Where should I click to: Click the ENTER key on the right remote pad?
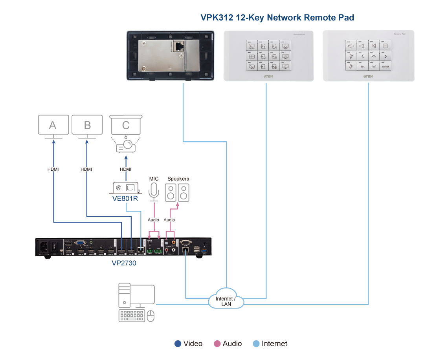coord(386,67)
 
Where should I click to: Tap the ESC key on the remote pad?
coord(363,67)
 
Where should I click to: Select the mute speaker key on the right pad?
coord(374,46)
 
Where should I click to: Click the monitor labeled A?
coord(53,125)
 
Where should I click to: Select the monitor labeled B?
coord(87,125)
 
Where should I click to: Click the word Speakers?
coord(178,179)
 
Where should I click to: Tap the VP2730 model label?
coord(124,263)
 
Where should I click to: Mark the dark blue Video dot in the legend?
coord(178,344)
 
